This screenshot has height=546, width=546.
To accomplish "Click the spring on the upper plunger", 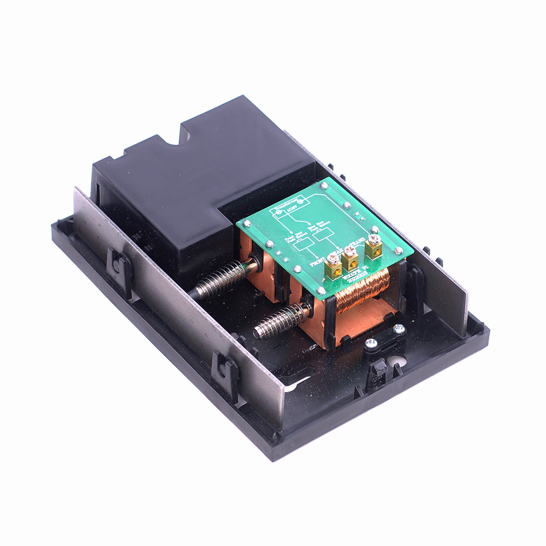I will [x=218, y=280].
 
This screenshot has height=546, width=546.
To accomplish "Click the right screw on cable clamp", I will [x=399, y=328].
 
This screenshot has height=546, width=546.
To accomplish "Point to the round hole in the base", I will [x=398, y=361].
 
